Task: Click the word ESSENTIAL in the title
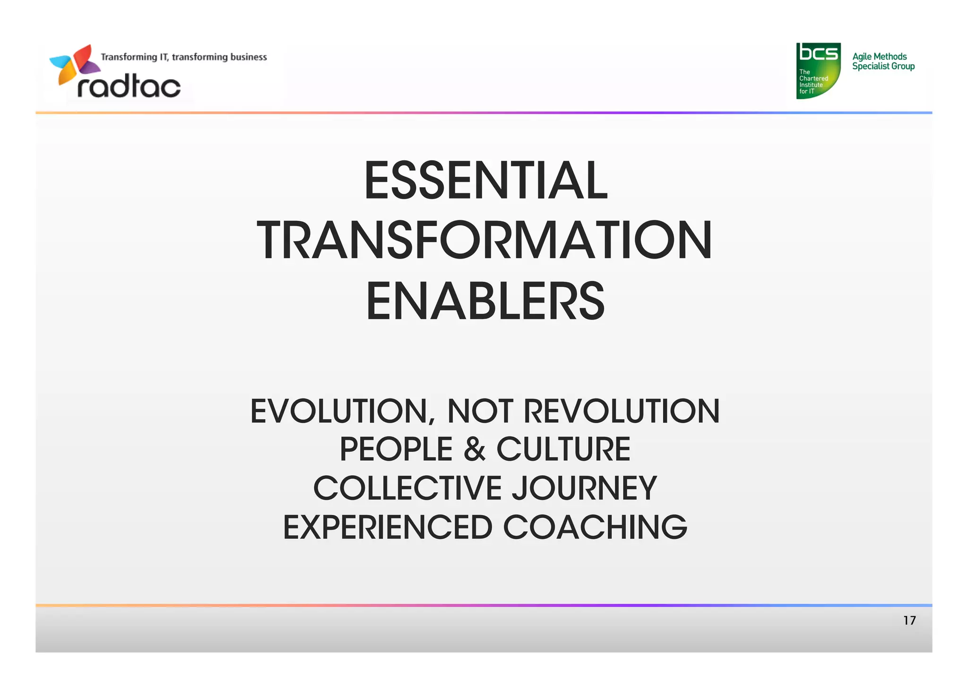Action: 485,181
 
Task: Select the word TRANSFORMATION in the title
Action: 484,241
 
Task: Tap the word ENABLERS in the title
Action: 485,301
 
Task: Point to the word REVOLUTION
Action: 622,411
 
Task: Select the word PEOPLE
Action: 396,449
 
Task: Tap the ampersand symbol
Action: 475,449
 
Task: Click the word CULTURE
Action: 563,449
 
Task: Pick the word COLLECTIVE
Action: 407,488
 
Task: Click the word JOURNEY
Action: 585,488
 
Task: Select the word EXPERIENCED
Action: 388,528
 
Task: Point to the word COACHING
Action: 595,528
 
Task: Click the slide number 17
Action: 909,621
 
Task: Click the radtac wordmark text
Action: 129,87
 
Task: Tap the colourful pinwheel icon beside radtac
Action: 75,64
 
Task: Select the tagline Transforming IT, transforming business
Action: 184,57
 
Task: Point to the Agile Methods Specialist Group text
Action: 883,61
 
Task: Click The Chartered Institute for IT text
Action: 812,82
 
